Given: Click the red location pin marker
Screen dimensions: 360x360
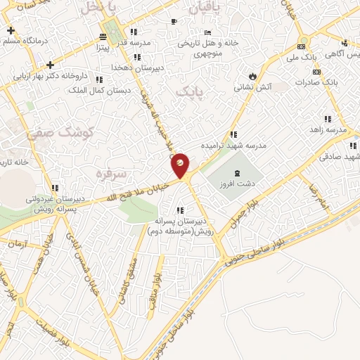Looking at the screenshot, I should (180, 165).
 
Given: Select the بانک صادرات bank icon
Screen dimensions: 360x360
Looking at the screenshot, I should (317, 71).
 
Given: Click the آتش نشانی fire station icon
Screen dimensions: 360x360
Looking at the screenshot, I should (252, 76).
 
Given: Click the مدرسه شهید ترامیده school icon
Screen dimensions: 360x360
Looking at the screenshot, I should (233, 134).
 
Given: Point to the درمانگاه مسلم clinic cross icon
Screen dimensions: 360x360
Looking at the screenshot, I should (10, 31).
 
